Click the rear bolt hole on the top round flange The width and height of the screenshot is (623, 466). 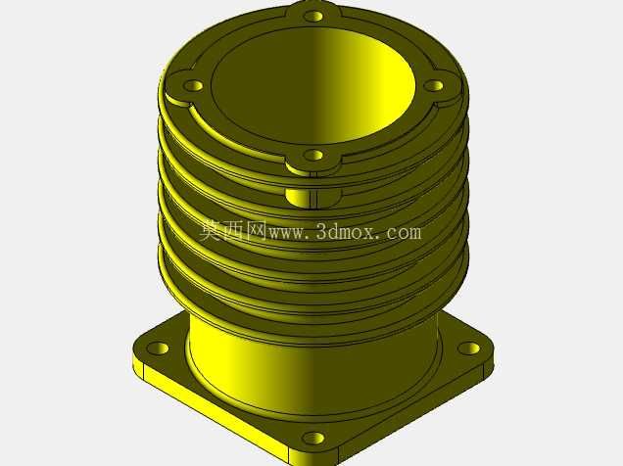tap(313, 17)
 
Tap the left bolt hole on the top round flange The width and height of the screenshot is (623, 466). tap(193, 85)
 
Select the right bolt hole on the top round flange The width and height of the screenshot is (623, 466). tap(434, 85)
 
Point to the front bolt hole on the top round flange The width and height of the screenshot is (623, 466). tap(313, 156)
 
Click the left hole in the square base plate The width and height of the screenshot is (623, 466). tap(158, 349)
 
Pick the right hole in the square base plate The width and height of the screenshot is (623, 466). tap(469, 349)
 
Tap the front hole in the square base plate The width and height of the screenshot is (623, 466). tap(313, 439)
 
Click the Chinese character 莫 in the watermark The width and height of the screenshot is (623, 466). tap(211, 230)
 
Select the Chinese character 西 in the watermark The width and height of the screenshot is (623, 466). tap(233, 230)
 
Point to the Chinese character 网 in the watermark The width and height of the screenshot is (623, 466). tap(257, 230)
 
